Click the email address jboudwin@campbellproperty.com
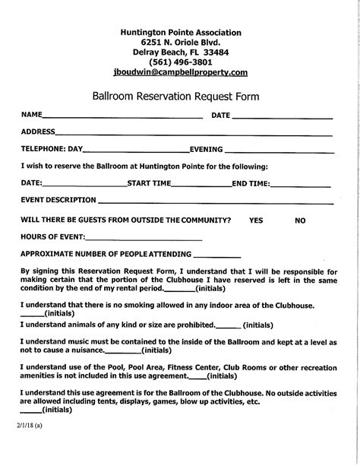point(180,72)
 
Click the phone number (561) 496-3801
point(180,62)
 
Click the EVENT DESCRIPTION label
point(58,200)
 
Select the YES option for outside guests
point(256,220)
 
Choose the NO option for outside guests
point(300,220)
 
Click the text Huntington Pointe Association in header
point(181,33)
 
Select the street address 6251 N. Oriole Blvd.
point(180,43)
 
